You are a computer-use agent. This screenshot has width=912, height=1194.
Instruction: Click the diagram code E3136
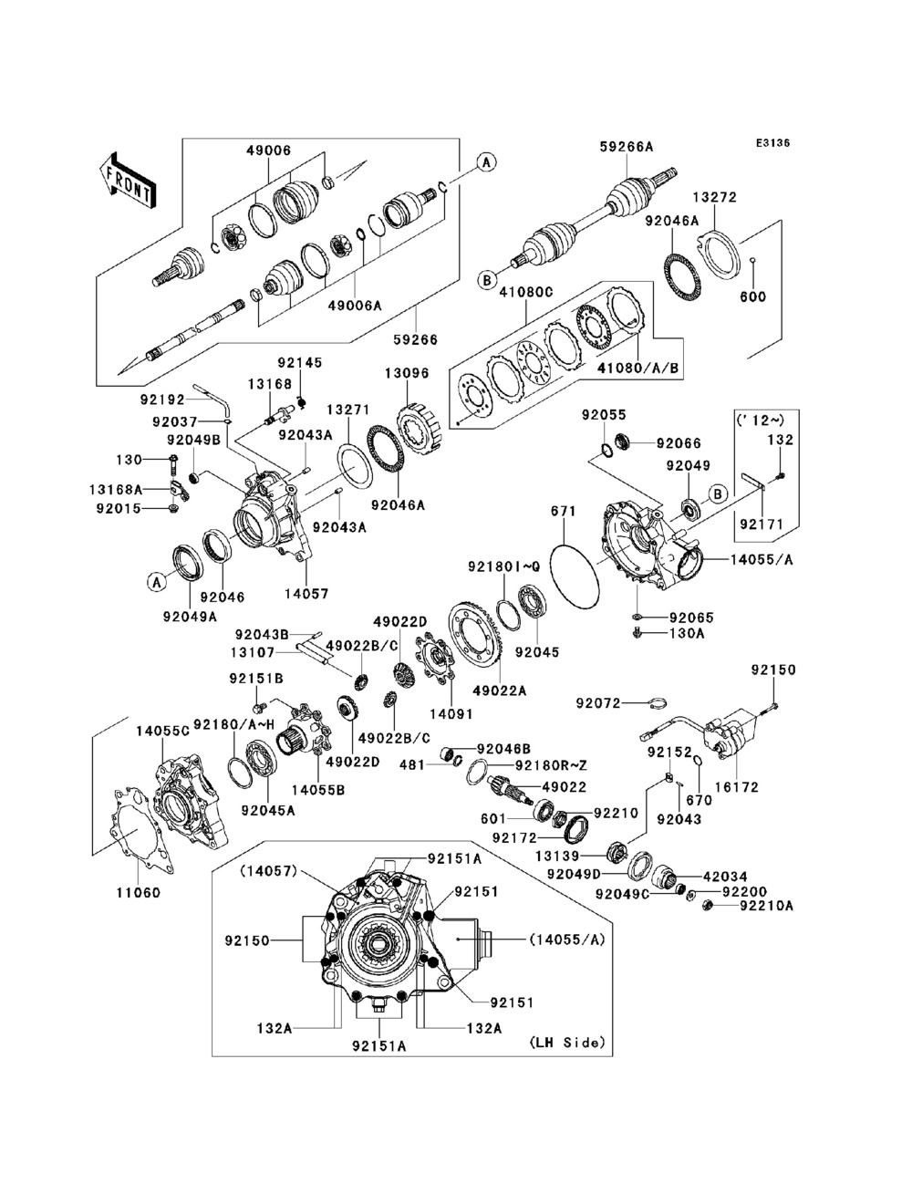(x=772, y=143)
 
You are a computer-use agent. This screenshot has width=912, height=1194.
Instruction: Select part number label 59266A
(x=627, y=146)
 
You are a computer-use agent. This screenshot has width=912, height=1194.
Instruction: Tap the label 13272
(x=715, y=197)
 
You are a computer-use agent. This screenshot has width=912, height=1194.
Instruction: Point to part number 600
(x=753, y=297)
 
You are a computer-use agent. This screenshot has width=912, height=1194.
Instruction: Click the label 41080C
(x=526, y=292)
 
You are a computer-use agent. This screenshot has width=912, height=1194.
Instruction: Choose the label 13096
(x=407, y=373)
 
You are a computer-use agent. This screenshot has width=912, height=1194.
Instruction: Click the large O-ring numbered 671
(x=575, y=576)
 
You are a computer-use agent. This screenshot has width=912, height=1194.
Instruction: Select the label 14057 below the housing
(x=306, y=594)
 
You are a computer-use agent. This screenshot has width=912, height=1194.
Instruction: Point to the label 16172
(x=736, y=787)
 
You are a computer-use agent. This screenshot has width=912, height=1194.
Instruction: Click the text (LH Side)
(x=567, y=1043)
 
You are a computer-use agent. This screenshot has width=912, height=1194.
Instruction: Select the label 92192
(x=162, y=400)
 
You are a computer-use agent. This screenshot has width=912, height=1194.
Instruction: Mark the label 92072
(x=598, y=703)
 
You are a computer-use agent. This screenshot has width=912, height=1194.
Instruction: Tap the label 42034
(x=725, y=877)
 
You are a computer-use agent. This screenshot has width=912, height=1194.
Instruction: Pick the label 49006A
(x=355, y=306)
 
